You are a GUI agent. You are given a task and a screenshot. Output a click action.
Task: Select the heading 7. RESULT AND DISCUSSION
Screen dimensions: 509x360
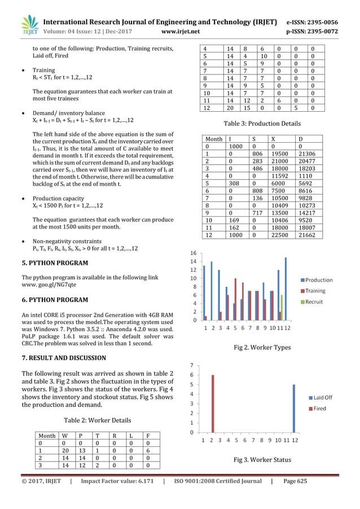64,358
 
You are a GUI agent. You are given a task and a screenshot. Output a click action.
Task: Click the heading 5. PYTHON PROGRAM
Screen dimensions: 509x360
55,263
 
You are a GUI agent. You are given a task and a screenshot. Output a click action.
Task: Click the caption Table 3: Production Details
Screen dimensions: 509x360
262,123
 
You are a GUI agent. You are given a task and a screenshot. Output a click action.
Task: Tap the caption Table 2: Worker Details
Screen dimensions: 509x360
97,420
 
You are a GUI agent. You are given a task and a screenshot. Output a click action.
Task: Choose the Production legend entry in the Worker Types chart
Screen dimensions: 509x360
319,280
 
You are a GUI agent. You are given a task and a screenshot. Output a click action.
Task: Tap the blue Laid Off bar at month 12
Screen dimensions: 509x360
294,409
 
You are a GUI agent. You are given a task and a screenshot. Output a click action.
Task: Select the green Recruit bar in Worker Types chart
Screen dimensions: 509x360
282,307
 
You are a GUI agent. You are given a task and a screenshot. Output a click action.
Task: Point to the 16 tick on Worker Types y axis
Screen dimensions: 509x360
193,253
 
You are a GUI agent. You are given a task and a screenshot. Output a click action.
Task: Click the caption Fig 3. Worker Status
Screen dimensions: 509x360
262,459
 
